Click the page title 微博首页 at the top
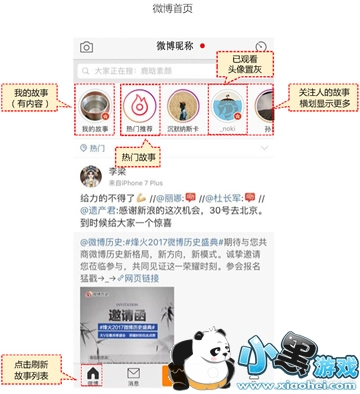(x=179, y=9)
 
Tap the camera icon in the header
(x=87, y=47)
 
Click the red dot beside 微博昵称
(x=203, y=46)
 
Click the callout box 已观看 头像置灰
(x=246, y=66)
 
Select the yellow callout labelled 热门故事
(x=137, y=157)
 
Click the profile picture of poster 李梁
(x=94, y=178)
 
